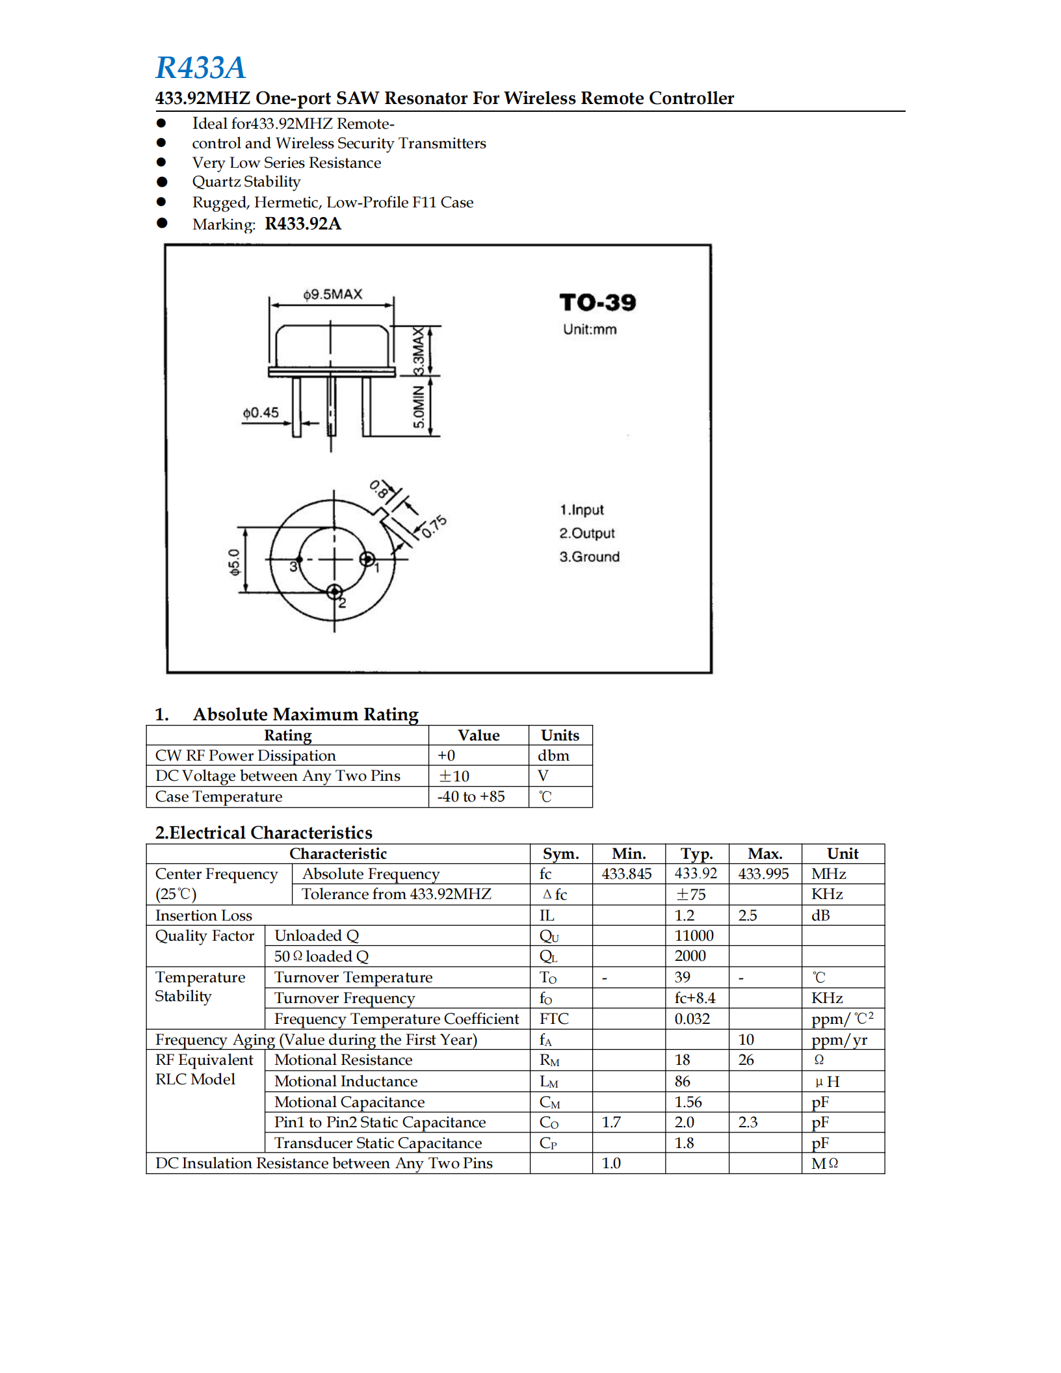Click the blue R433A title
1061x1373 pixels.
pyautogui.click(x=200, y=68)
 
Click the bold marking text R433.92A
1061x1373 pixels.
pyautogui.click(x=302, y=224)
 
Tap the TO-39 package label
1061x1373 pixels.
pyautogui.click(x=597, y=302)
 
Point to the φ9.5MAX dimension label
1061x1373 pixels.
pyautogui.click(x=332, y=294)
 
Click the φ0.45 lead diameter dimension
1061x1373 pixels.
pyautogui.click(x=261, y=413)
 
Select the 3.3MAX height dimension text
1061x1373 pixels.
pyautogui.click(x=419, y=352)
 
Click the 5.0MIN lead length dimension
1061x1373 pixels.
pyautogui.click(x=419, y=407)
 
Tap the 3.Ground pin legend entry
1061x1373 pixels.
pyautogui.click(x=589, y=557)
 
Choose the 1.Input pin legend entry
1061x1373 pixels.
pyautogui.click(x=581, y=510)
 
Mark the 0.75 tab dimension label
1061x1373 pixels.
pyautogui.click(x=434, y=527)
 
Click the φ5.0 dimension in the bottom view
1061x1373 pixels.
pyautogui.click(x=234, y=562)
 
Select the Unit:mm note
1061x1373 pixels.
pyautogui.click(x=590, y=330)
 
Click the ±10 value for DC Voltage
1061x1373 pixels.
pyautogui.click(x=454, y=776)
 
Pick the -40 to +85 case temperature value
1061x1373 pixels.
pyautogui.click(x=471, y=797)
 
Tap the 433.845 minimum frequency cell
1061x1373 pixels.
pyautogui.click(x=626, y=874)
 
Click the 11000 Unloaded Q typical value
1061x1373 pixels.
pyautogui.click(x=694, y=936)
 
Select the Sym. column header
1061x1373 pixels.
pyautogui.click(x=560, y=854)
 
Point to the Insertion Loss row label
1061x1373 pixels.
pyautogui.click(x=203, y=916)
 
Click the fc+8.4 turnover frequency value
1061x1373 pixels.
pyautogui.click(x=694, y=999)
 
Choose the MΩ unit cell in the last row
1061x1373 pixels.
pyautogui.click(x=824, y=1164)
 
